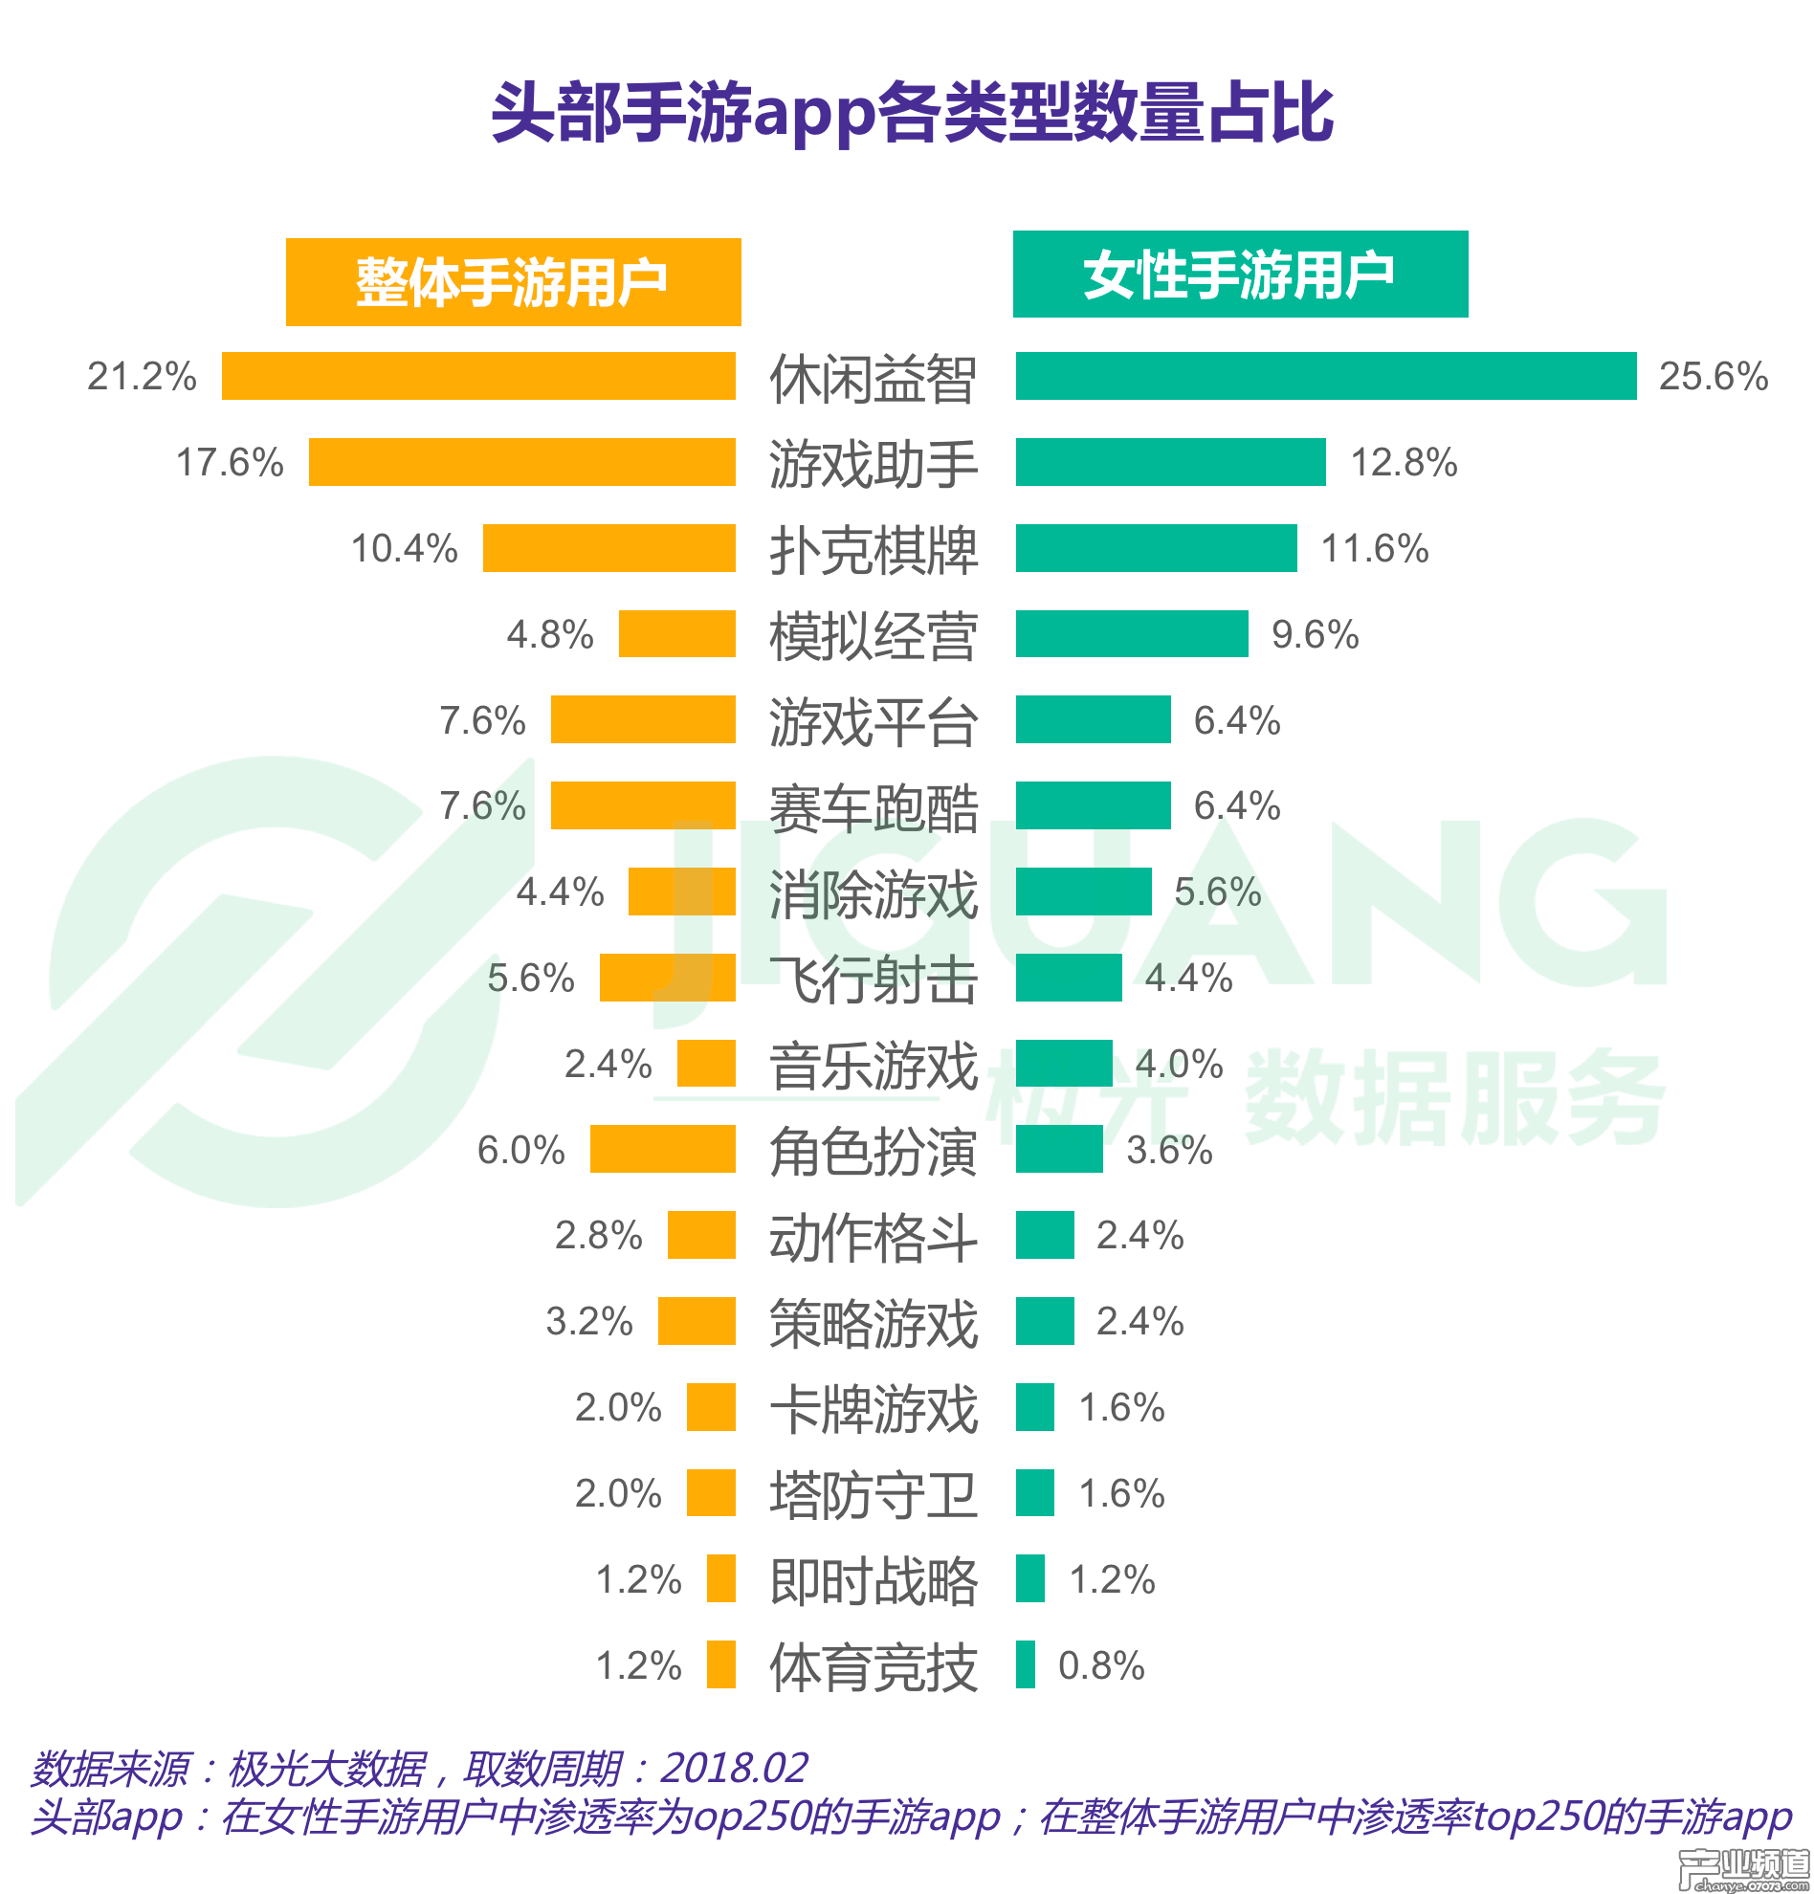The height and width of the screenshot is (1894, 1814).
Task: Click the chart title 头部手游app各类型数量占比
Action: (912, 112)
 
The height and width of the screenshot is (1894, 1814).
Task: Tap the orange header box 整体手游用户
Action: (512, 282)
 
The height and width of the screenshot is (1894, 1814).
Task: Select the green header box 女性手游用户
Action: (1239, 275)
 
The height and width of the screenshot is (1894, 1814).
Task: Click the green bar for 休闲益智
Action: (1325, 376)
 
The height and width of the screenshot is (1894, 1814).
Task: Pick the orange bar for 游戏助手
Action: (520, 462)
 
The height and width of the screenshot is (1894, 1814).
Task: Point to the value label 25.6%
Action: (1713, 377)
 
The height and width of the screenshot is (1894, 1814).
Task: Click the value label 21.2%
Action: (141, 377)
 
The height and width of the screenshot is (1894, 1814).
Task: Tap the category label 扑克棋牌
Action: (873, 550)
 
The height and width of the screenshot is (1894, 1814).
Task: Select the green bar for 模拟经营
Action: (1131, 634)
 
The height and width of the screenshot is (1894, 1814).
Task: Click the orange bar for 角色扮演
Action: (662, 1149)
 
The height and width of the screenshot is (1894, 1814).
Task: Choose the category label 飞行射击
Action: (873, 979)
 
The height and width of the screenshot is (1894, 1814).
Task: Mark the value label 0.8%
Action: (1101, 1665)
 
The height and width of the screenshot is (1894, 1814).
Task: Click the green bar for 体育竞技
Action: (1025, 1664)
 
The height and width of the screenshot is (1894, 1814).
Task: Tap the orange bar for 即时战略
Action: (720, 1579)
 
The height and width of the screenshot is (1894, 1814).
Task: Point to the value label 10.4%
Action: (404, 549)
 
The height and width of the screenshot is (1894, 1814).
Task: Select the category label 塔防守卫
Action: (873, 1494)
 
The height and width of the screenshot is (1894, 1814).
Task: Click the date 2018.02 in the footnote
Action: (734, 1769)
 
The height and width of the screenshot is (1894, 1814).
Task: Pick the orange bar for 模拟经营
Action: (676, 634)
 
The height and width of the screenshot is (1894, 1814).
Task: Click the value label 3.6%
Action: (1168, 1150)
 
